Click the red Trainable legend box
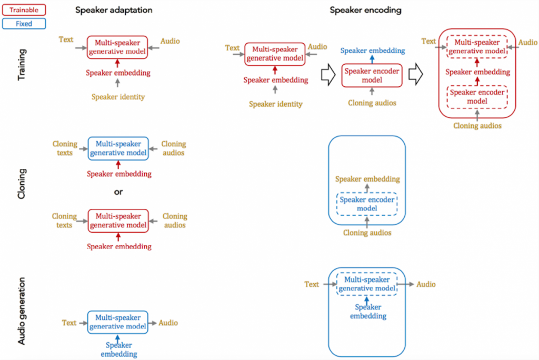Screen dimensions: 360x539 pyautogui.click(x=24, y=9)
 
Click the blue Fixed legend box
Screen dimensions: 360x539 pyautogui.click(x=24, y=24)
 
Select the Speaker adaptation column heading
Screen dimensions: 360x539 pyautogui.click(x=114, y=10)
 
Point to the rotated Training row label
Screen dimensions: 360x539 pyautogui.click(x=22, y=65)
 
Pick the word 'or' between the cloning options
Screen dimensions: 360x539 pyautogui.click(x=118, y=192)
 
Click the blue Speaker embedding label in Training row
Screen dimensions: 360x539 pyautogui.click(x=373, y=51)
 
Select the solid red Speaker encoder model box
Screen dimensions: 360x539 pyautogui.click(x=372, y=75)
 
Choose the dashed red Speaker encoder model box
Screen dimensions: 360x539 pyautogui.click(x=477, y=96)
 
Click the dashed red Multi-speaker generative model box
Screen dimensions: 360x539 pyautogui.click(x=477, y=46)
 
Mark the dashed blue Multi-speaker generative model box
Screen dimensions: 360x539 pyautogui.click(x=367, y=284)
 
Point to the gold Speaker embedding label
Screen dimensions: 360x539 pyautogui.click(x=367, y=179)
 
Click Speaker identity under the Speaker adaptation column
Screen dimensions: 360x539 pyautogui.click(x=118, y=97)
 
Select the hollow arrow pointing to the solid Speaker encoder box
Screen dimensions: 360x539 pyautogui.click(x=327, y=75)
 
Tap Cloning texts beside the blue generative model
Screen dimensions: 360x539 pyautogui.click(x=65, y=148)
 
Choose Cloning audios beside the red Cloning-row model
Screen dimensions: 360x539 pyautogui.click(x=174, y=221)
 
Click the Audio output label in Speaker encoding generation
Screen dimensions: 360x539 pyautogui.click(x=426, y=284)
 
